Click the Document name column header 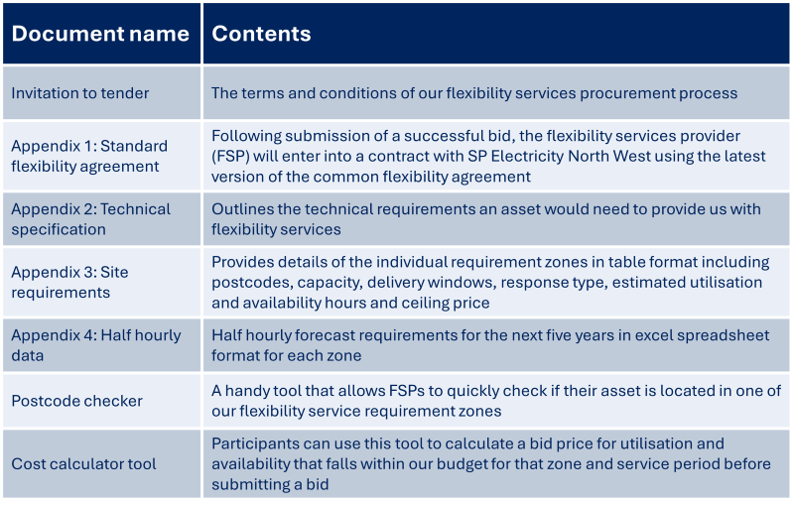point(100,34)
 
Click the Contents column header point(261,34)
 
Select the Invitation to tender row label point(80,93)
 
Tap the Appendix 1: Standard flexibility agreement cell point(89,156)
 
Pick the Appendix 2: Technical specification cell point(91,219)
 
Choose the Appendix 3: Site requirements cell point(69,282)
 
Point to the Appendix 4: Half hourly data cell point(95,345)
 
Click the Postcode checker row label point(76,401)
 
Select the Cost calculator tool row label point(83,463)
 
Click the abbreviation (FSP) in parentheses point(230,156)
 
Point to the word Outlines point(241,209)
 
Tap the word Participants point(255,443)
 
